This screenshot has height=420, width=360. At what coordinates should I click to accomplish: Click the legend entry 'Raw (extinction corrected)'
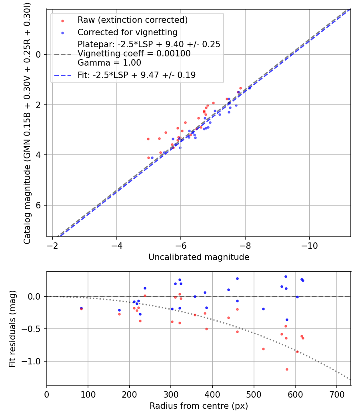[x=132, y=20]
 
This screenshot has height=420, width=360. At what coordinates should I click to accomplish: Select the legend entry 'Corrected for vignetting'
[x=127, y=32]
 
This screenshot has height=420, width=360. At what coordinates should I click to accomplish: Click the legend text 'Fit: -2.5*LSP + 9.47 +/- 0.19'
[x=136, y=75]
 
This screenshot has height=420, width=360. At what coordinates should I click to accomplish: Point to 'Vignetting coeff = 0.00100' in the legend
[x=134, y=54]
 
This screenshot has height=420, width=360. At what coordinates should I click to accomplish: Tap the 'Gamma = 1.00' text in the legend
[x=109, y=63]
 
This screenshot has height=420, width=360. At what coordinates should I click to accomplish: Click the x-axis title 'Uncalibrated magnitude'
[x=199, y=257]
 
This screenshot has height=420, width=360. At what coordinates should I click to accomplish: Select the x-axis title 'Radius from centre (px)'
[x=199, y=406]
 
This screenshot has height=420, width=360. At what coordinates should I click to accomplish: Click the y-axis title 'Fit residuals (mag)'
[x=12, y=328]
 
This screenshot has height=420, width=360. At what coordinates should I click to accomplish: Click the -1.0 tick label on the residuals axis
[x=33, y=362]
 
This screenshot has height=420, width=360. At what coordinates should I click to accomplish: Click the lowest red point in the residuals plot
[x=287, y=369]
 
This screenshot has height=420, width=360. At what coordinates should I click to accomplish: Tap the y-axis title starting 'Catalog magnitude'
[x=27, y=122]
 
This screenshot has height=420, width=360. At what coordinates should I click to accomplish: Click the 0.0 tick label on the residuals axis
[x=35, y=296]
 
